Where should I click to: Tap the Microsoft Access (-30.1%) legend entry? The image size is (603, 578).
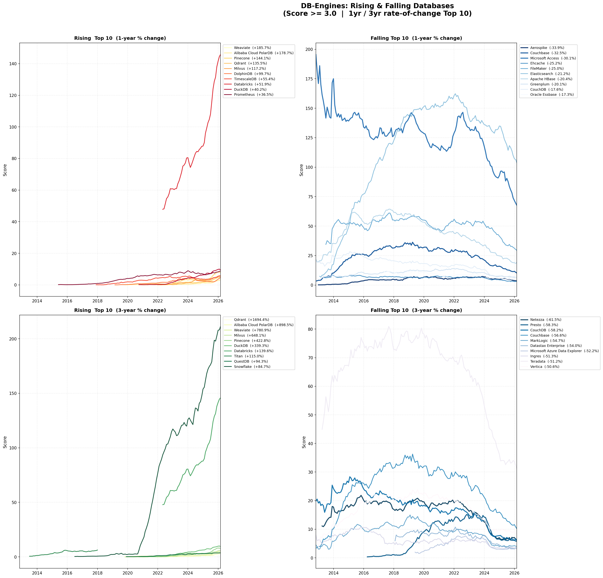click(553, 58)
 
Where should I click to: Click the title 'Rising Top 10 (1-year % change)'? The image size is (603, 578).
click(120, 38)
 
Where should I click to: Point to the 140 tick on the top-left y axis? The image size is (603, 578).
click(13, 64)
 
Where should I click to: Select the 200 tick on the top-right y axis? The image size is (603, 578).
click(309, 50)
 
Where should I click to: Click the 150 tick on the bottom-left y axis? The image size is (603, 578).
click(13, 393)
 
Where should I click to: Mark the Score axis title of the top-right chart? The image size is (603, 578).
click(301, 170)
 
